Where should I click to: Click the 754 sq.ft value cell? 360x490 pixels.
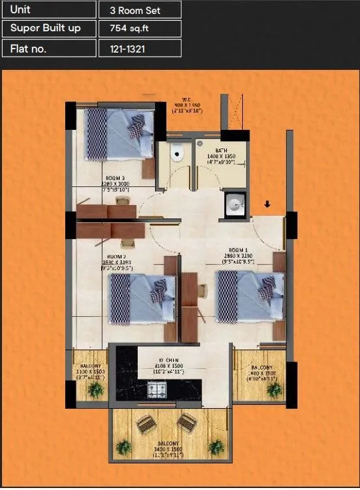[x=140, y=29]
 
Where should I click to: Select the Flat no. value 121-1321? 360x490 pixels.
[x=140, y=48]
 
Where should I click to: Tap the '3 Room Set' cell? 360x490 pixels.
[x=140, y=9]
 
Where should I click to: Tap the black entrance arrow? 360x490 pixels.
[x=267, y=205]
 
